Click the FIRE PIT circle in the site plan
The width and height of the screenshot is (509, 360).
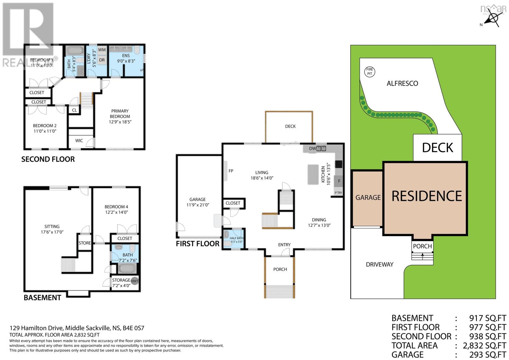[369, 72]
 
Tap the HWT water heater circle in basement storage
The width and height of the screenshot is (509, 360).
[135, 281]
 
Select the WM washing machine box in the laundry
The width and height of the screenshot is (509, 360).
[102, 50]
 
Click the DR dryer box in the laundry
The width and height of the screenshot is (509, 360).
[102, 60]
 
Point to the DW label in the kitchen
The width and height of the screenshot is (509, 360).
[312, 148]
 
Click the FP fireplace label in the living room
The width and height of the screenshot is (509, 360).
[231, 171]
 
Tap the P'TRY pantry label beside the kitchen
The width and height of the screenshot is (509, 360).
[338, 193]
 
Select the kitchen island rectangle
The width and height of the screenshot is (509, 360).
[313, 174]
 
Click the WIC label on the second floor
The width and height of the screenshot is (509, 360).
[79, 141]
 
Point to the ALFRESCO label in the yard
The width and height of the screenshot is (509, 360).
[402, 84]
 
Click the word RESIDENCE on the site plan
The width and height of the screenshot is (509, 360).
[426, 196]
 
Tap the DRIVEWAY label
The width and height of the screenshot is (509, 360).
[379, 265]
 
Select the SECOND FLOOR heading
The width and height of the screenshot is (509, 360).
[48, 159]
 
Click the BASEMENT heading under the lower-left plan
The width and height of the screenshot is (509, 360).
[42, 298]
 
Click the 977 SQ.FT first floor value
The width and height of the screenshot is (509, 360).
[487, 327]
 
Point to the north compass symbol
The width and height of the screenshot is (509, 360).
[493, 18]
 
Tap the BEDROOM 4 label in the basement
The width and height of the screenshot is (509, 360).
[116, 207]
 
